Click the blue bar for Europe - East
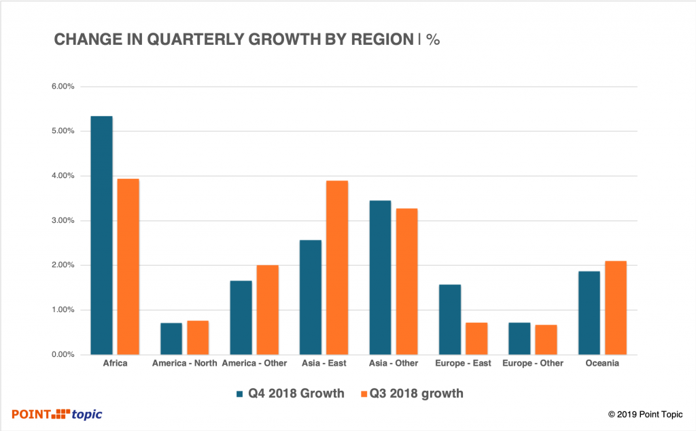449,320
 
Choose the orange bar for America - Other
267,309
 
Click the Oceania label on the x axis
602,364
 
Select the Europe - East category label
463,364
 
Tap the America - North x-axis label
185,364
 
